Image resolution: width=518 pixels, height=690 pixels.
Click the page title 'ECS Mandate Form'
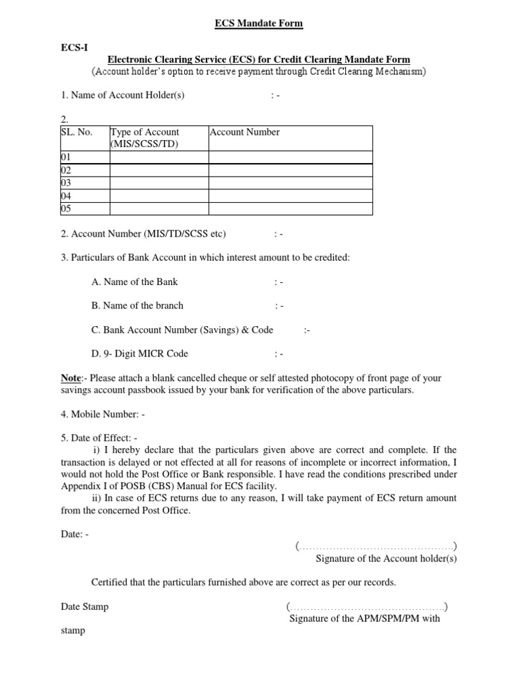258,24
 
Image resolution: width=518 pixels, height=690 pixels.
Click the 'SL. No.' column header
76,132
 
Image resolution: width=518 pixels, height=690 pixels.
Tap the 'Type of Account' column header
145,132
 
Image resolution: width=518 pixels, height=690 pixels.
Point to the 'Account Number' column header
245,132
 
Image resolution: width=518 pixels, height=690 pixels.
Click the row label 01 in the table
66,157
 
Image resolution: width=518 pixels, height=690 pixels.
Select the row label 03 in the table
66,183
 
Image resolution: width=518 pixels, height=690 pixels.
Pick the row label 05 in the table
66,208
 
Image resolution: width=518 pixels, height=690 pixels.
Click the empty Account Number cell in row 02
290,170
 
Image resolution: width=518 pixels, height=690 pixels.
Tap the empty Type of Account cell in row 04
159,195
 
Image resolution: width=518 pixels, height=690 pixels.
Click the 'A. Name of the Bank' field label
134,282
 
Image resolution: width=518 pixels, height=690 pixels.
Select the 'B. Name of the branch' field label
137,305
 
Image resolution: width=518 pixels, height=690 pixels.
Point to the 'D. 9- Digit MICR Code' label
140,353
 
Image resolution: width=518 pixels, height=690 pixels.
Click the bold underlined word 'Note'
71,379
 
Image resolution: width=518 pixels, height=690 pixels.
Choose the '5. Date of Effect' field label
99,438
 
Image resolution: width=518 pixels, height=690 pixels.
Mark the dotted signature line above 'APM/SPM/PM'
367,606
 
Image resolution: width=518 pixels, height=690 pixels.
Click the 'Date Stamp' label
84,606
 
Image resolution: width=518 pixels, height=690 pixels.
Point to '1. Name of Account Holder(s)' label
123,95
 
